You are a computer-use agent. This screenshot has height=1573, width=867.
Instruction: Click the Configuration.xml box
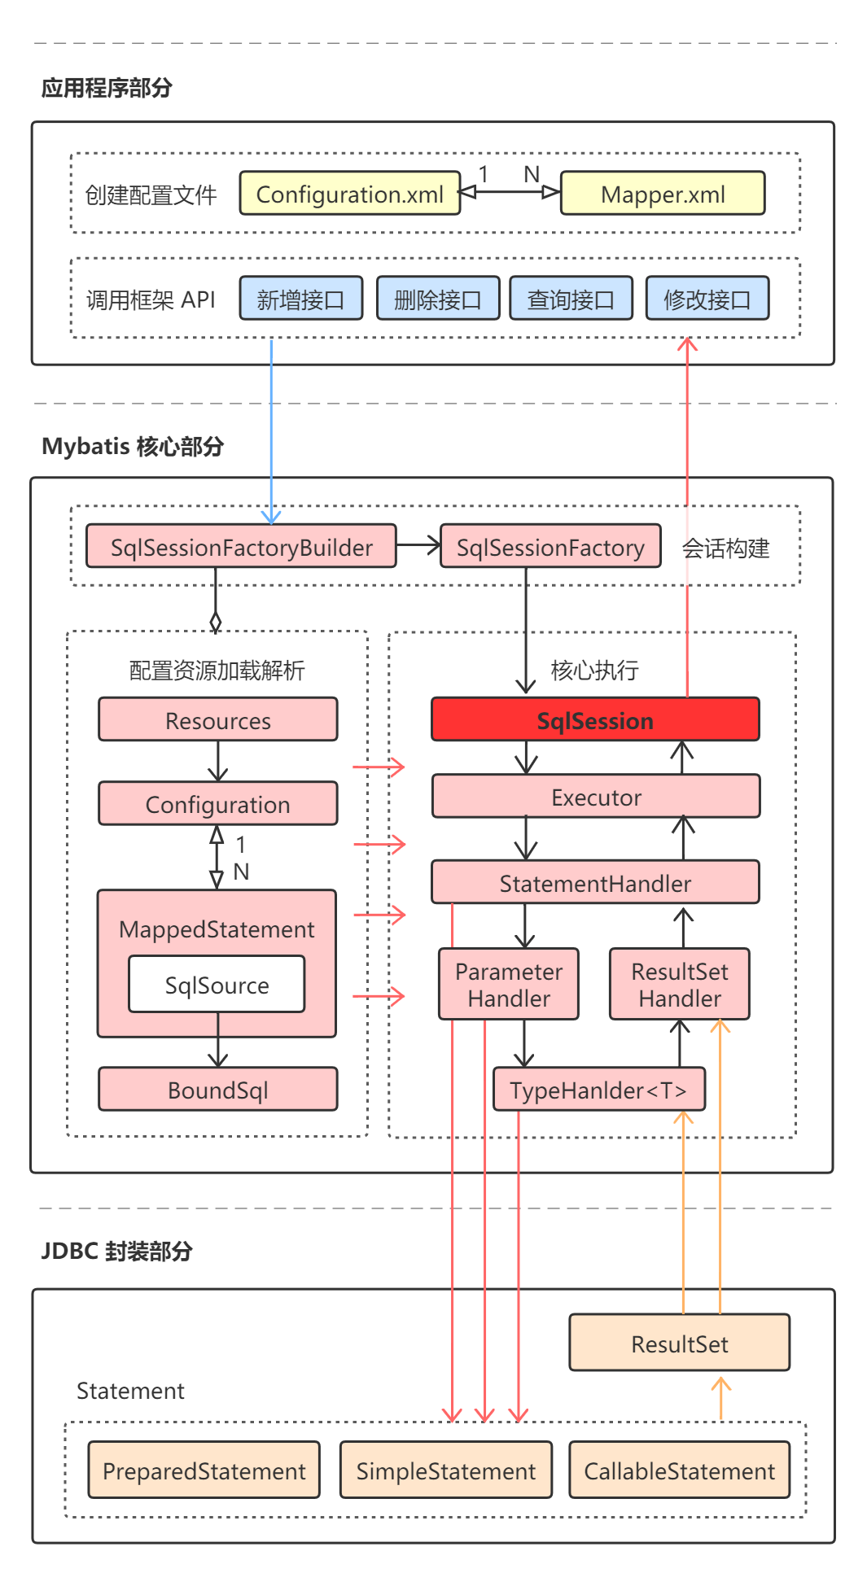coord(349,194)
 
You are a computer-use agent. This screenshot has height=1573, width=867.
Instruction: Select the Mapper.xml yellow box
coord(662,194)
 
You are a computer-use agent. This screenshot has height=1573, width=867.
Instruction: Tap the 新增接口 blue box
coord(300,299)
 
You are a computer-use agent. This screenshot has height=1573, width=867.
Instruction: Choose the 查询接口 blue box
coord(571,299)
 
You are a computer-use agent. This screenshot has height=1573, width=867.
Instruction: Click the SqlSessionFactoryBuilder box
coord(241,547)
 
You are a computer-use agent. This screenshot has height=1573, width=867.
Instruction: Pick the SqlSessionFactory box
coord(550,547)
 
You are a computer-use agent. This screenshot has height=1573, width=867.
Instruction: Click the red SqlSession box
coord(594,720)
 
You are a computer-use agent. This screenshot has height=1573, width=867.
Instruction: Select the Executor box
coord(595,797)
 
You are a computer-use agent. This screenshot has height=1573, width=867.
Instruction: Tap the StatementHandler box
coord(594,883)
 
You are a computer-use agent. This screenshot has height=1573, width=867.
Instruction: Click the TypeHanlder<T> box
coord(598,1090)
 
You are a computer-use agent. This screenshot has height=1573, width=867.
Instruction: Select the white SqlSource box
coord(217,985)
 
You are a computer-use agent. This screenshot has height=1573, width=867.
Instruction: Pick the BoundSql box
coord(217,1090)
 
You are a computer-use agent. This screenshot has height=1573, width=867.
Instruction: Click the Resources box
coord(217,720)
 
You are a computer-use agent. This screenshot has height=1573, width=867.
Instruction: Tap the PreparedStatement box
coord(204,1470)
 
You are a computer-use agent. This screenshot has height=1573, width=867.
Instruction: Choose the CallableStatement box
coord(679,1470)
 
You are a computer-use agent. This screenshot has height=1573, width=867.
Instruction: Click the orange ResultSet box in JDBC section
coord(679,1344)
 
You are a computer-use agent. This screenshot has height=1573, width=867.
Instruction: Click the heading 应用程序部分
coord(107,88)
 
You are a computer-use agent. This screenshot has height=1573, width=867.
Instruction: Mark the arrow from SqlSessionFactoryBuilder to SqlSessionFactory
coord(418,545)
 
